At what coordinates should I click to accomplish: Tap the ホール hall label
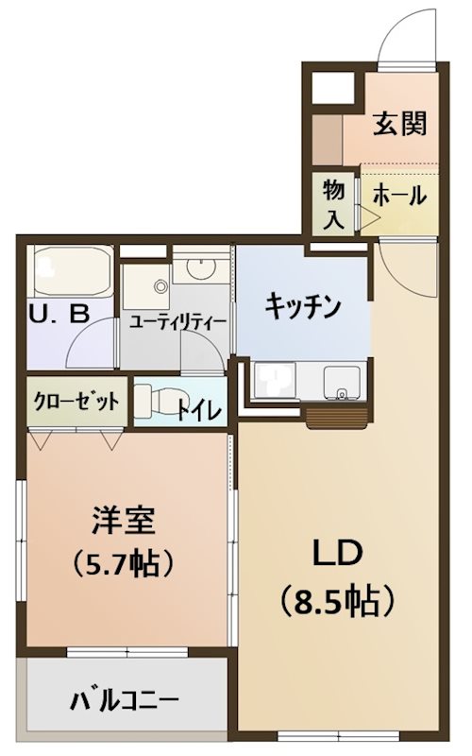(399, 197)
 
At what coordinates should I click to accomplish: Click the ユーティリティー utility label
(178, 321)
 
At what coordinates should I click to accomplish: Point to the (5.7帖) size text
(124, 564)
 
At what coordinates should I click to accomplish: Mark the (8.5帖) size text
(335, 598)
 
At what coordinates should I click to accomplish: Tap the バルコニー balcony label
(124, 701)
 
